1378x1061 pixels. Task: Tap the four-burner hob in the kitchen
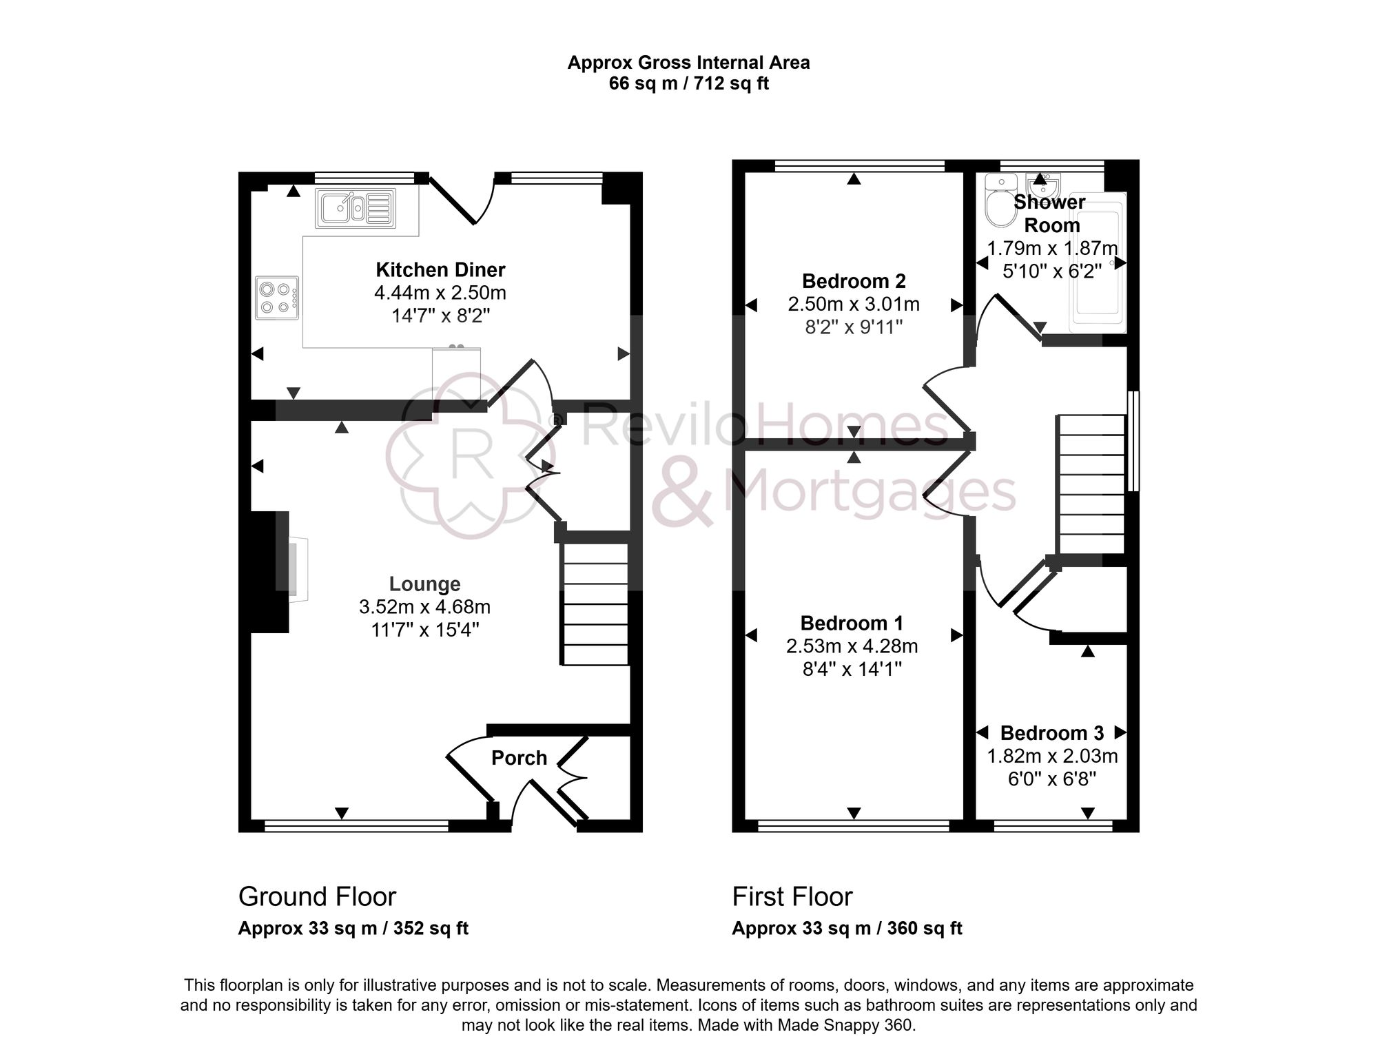pos(277,298)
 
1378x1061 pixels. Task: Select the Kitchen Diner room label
pos(440,269)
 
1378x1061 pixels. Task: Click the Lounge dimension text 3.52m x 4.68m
pos(424,607)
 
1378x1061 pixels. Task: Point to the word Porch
pos(519,758)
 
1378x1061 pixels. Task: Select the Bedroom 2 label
pos(854,281)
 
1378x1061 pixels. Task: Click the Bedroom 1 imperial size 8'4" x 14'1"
pos(852,669)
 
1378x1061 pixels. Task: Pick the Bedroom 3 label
pos(1051,733)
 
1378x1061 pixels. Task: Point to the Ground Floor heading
pos(317,897)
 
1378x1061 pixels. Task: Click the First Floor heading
pos(792,897)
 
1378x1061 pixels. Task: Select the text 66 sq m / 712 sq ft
pos(688,84)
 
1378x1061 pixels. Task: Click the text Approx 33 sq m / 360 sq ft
pos(847,929)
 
